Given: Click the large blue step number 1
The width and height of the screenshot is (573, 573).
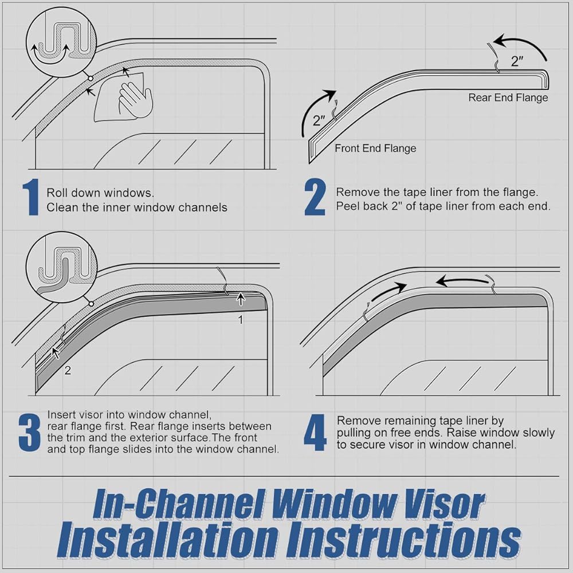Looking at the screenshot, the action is point(32,197).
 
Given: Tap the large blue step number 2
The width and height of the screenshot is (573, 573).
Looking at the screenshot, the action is point(315,197).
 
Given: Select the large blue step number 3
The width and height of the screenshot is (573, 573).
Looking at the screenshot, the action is point(30,433).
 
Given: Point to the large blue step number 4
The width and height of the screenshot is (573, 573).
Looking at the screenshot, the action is point(315,433).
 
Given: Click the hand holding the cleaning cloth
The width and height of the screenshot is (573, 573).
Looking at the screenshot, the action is point(135,99).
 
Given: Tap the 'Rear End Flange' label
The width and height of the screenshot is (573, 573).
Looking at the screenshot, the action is point(508,97).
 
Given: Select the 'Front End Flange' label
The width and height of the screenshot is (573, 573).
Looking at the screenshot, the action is point(375,148).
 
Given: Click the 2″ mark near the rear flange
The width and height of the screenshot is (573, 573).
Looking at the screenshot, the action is point(517,61).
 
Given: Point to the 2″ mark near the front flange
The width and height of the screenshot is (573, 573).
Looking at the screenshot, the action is point(319,120).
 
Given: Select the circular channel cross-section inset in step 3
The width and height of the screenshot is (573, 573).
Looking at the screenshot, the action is point(61,267).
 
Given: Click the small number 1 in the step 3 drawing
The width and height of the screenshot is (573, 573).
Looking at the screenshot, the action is point(241,320).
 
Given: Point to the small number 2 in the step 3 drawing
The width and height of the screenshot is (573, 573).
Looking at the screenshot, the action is point(68,371).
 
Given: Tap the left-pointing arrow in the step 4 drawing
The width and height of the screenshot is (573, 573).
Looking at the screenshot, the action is point(462,281).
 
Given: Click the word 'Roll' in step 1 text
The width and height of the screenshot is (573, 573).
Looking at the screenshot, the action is point(57,193).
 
